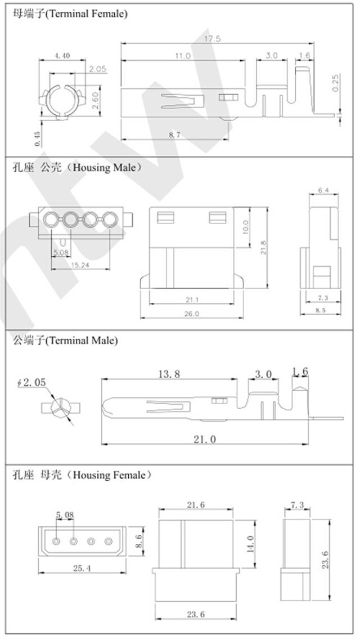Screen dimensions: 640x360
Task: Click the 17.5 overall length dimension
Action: (213, 39)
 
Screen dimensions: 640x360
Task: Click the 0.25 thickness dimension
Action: (336, 83)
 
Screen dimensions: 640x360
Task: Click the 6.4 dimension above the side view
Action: (323, 191)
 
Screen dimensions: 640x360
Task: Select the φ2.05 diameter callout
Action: (31, 383)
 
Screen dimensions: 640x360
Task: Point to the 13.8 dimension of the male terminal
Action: (168, 373)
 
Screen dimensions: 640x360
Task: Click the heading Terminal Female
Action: (70, 14)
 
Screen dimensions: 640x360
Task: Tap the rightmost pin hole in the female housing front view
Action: (109, 542)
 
